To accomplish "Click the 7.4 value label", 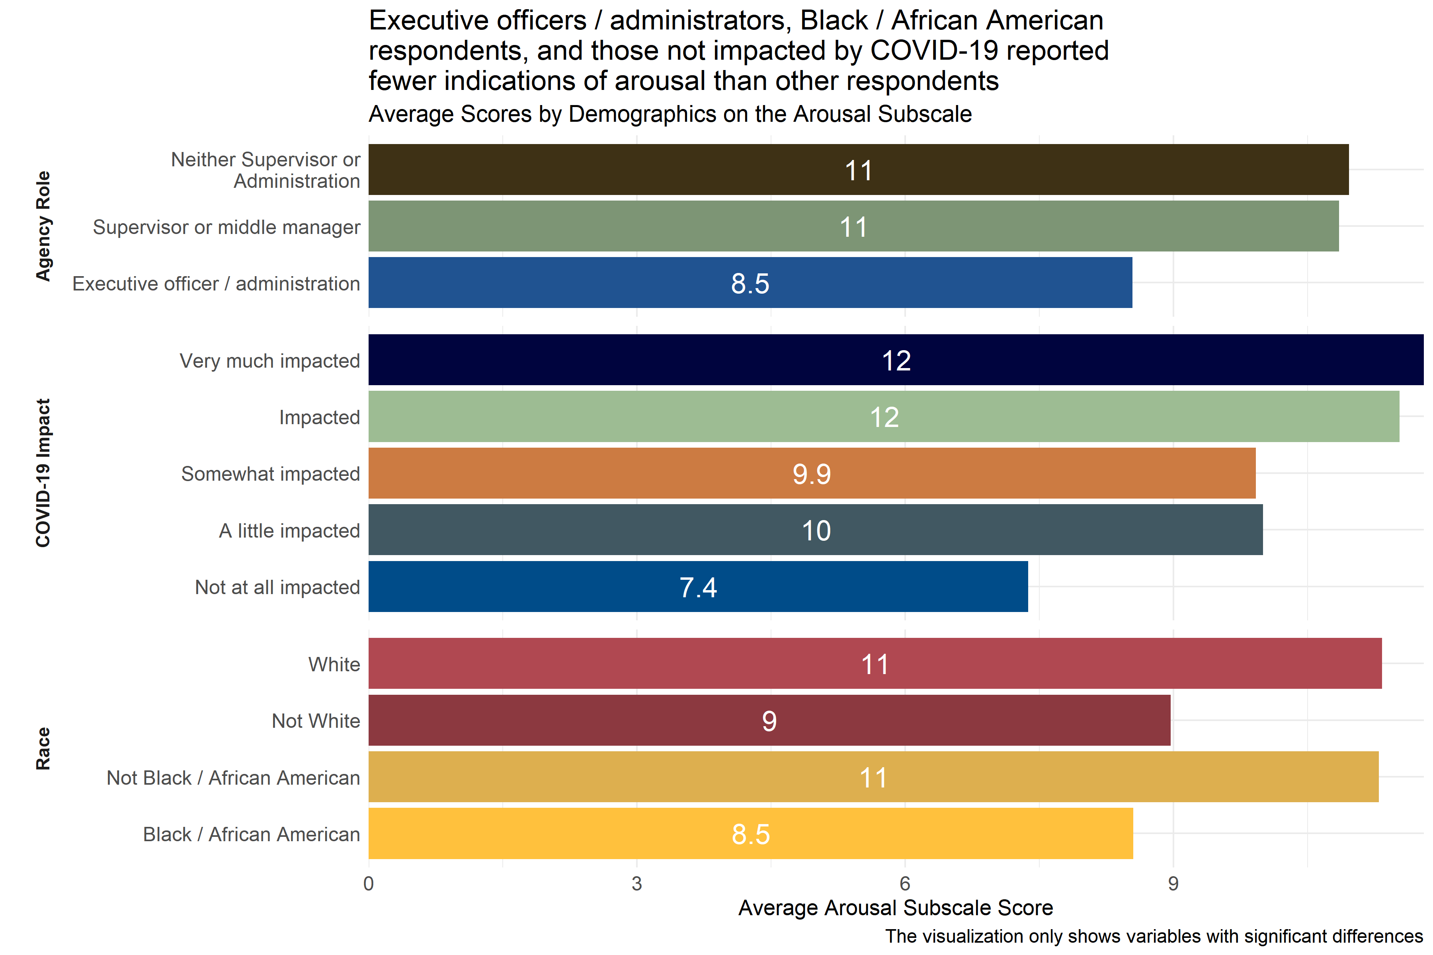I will point(698,588).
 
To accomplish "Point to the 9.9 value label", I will point(812,474).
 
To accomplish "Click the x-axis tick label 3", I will point(636,884).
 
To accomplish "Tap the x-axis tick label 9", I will point(1173,884).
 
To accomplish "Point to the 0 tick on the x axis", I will point(369,884).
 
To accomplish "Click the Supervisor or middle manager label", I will point(226,227).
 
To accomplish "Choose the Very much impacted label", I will point(269,361).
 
